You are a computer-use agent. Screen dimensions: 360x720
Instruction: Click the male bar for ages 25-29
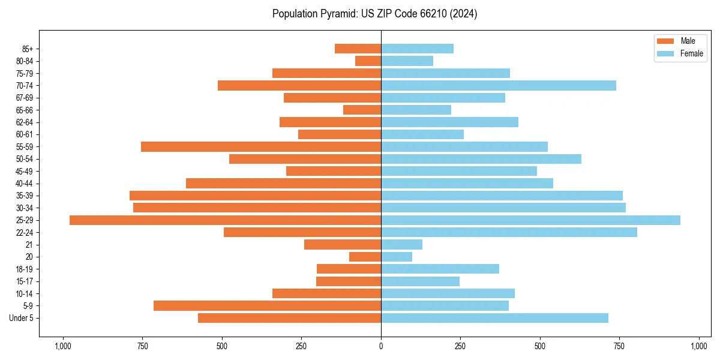(x=225, y=220)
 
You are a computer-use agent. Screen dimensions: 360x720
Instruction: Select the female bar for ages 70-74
(x=499, y=86)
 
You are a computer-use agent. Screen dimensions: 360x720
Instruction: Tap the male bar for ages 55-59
(x=261, y=147)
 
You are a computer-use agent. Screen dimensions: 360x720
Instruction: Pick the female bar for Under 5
(x=494, y=318)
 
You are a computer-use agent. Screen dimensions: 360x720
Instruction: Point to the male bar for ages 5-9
(x=267, y=306)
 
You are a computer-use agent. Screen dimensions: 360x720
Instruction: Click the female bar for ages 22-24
(x=509, y=232)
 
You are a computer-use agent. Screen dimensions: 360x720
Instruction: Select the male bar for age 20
(x=365, y=257)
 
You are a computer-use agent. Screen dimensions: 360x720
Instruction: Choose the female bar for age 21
(x=401, y=245)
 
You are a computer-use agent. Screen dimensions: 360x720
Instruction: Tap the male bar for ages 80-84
(x=368, y=61)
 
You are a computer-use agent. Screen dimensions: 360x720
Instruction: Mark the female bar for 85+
(x=417, y=49)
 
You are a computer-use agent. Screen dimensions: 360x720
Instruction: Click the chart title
(x=374, y=14)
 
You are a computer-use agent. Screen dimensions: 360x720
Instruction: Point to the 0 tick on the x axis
(x=381, y=346)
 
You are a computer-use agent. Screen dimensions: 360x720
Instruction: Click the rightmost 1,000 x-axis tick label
(x=699, y=346)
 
